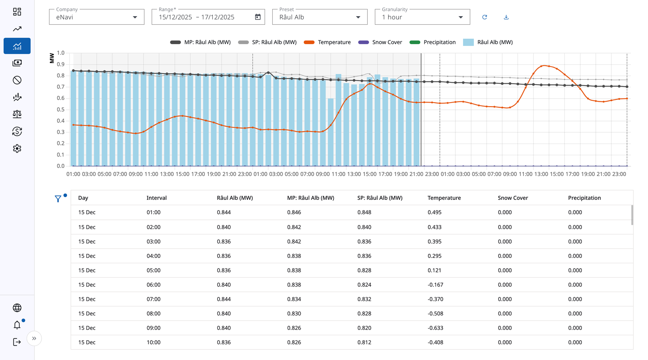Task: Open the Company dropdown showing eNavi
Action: pyautogui.click(x=96, y=17)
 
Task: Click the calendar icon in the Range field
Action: pyautogui.click(x=258, y=17)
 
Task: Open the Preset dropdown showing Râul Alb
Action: pyautogui.click(x=319, y=17)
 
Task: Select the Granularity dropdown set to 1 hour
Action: pyautogui.click(x=422, y=17)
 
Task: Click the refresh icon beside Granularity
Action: pyautogui.click(x=485, y=17)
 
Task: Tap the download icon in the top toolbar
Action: pyautogui.click(x=506, y=17)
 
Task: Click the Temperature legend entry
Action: pyautogui.click(x=327, y=42)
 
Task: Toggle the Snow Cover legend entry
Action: pyautogui.click(x=380, y=42)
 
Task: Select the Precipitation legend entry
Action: pyautogui.click(x=432, y=42)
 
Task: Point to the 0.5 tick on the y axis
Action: pyautogui.click(x=61, y=109)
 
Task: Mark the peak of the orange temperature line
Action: pyautogui.click(x=544, y=66)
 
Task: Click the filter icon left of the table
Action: pyautogui.click(x=58, y=198)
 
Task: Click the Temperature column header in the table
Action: pyautogui.click(x=444, y=198)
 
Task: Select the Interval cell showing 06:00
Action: pyautogui.click(x=153, y=285)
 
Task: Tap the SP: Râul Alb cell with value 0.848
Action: pyautogui.click(x=364, y=212)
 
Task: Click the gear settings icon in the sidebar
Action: pyautogui.click(x=17, y=148)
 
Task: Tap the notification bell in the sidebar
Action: pyautogui.click(x=17, y=325)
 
